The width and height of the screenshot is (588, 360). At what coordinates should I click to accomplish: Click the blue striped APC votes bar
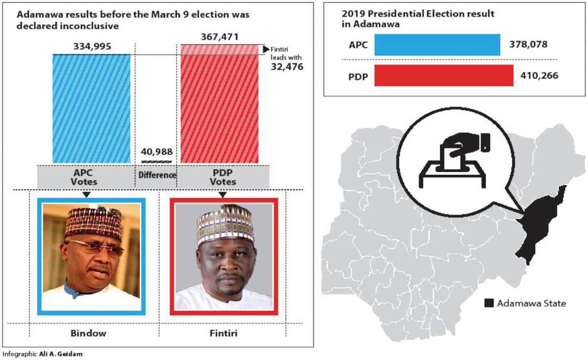[91, 108]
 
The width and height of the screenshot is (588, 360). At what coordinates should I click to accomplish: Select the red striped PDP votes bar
[219, 108]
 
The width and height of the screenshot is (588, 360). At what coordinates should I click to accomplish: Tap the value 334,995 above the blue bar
[91, 47]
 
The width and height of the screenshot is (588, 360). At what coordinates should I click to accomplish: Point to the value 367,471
[219, 37]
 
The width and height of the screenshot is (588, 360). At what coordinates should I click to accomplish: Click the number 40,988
[156, 152]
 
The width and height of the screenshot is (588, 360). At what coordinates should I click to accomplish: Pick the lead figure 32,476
[287, 67]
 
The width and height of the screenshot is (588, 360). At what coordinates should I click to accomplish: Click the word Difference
[156, 175]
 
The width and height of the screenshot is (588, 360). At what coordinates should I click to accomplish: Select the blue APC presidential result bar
[437, 45]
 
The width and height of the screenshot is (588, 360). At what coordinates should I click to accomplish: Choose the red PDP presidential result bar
[444, 76]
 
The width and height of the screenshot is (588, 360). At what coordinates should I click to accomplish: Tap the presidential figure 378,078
[528, 45]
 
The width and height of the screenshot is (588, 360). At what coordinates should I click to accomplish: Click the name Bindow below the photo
[88, 333]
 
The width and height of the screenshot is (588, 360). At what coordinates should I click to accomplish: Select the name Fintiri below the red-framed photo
[224, 333]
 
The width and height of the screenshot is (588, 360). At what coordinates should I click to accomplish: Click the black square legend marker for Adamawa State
[488, 303]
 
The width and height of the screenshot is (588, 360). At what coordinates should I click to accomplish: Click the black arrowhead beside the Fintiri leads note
[266, 49]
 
